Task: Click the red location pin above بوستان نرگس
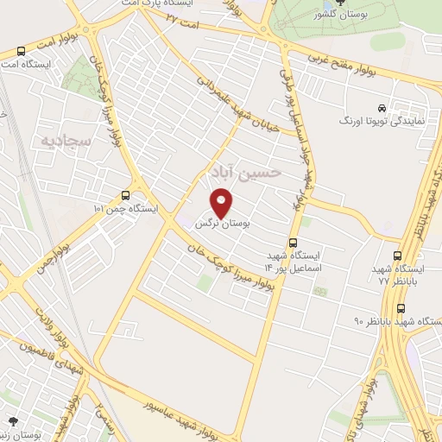tap(222, 204)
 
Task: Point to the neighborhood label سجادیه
tap(56, 139)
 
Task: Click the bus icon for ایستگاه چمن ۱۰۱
tap(127, 196)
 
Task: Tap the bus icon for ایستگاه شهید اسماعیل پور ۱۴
tap(294, 243)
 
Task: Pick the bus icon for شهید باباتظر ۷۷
tap(397, 256)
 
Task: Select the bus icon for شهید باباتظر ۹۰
tap(401, 308)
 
